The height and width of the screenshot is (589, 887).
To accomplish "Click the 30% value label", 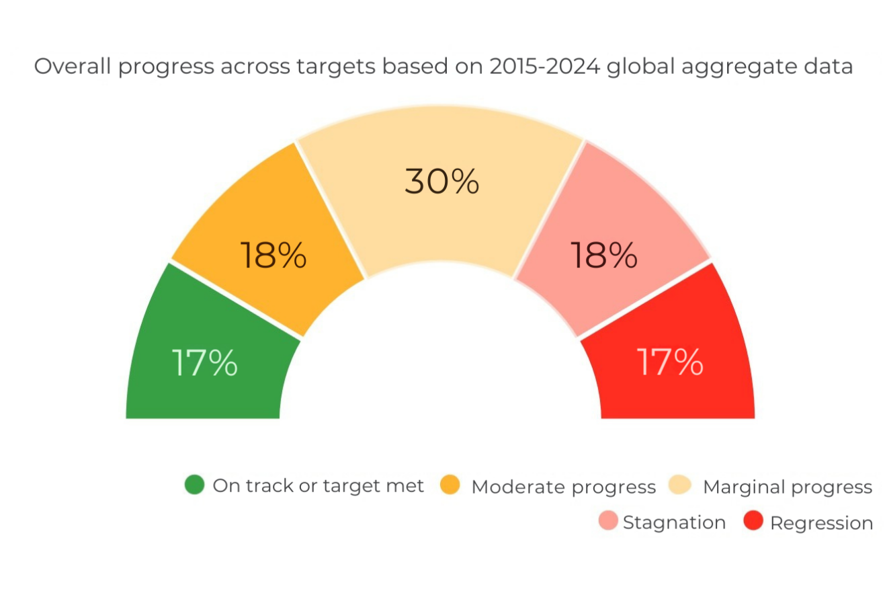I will (x=441, y=182).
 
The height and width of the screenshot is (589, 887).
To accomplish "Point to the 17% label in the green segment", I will (x=204, y=363).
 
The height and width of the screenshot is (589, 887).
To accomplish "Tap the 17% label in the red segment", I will (x=670, y=362).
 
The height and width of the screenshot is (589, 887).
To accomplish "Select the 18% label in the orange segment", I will (x=273, y=256).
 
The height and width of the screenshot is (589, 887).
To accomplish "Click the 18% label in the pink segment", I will (x=603, y=256).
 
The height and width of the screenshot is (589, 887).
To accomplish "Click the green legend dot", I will (x=194, y=485).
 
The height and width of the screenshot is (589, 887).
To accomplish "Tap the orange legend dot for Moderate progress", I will (x=450, y=485).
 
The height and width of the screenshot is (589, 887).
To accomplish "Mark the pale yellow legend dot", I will (x=681, y=485).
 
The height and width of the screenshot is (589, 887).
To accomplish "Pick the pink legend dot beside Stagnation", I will (x=608, y=522).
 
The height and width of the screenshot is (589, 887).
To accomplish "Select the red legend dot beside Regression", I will (x=754, y=522).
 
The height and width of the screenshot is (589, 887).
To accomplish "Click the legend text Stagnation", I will (x=674, y=522).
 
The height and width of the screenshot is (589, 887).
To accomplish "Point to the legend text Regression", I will (x=821, y=522).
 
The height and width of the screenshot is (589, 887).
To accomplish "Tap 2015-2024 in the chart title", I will (x=542, y=67).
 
